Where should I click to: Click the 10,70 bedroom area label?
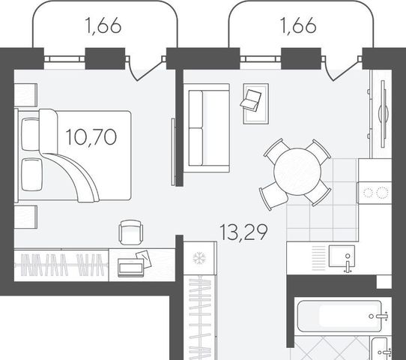[x=91, y=137]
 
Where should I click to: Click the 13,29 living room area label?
[x=243, y=232]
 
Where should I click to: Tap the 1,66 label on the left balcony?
[x=103, y=25]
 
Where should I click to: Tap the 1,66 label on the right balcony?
[x=299, y=25]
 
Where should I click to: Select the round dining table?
[x=297, y=172]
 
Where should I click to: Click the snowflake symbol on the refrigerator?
[x=199, y=258]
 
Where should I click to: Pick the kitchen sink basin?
[x=342, y=256]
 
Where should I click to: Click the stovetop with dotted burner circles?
[x=375, y=192]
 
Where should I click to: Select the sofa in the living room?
[x=207, y=128]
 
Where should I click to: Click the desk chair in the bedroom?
[x=131, y=232]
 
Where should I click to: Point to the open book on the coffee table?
[x=251, y=100]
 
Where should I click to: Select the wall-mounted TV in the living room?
[x=384, y=114]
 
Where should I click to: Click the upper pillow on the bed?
[x=31, y=134]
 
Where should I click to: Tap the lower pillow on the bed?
[x=32, y=175]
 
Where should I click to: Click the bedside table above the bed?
[x=25, y=94]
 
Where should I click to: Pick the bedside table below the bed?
[x=25, y=217]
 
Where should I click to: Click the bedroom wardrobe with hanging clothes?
[x=61, y=265]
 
